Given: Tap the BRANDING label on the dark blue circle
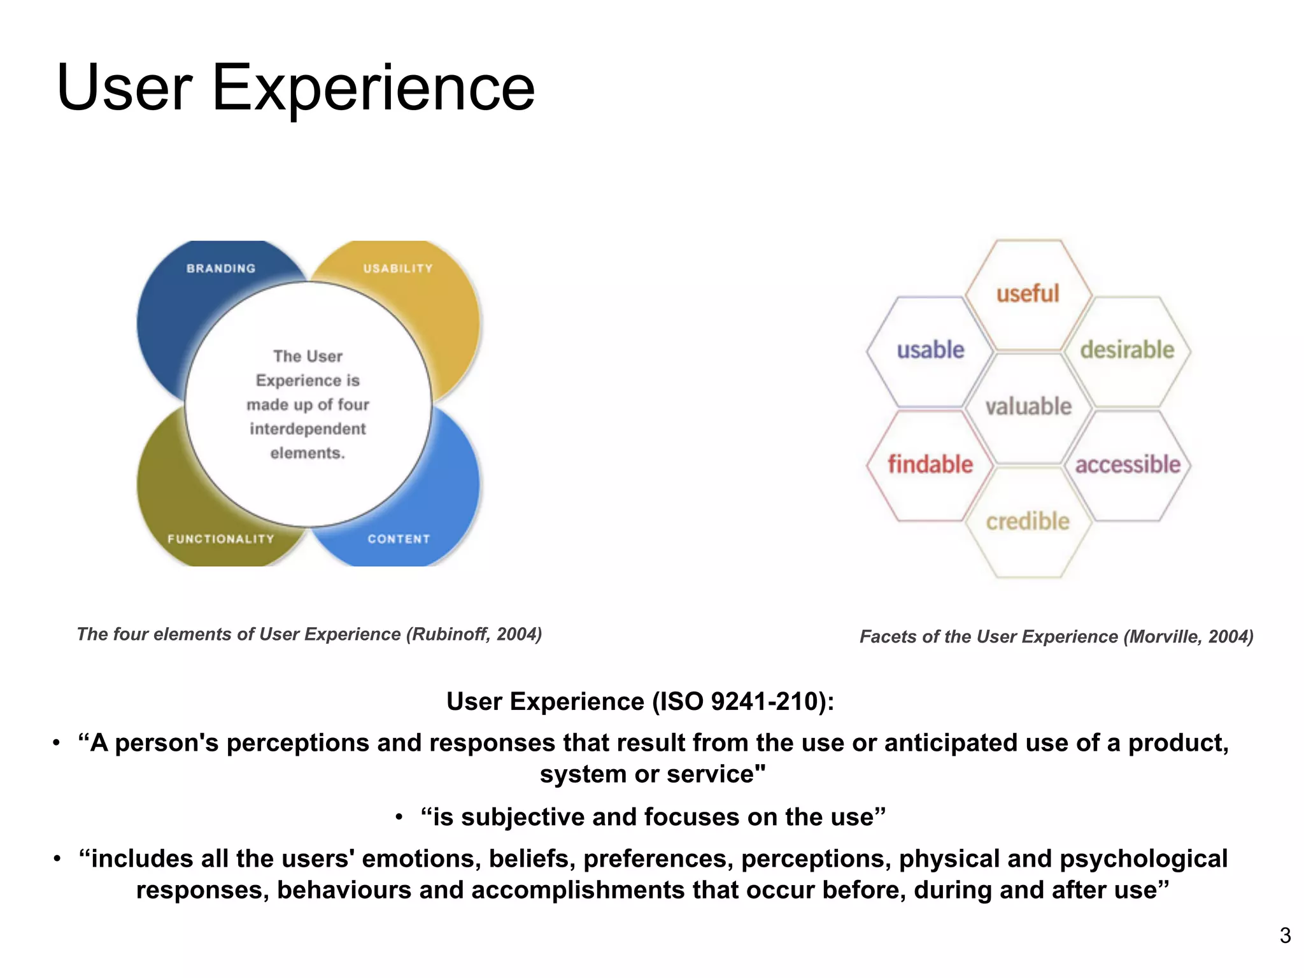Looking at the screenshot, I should (x=221, y=269).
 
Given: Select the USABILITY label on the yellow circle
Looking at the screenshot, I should (x=398, y=269).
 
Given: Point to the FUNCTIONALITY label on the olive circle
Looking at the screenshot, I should (x=221, y=539).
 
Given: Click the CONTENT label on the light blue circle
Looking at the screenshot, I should (x=399, y=539).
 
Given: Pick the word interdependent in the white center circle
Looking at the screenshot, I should (x=308, y=429).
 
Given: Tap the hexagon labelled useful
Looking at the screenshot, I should (x=1028, y=294).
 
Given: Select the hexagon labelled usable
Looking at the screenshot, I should (x=930, y=350).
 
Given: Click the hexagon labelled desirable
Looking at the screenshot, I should (x=1127, y=350).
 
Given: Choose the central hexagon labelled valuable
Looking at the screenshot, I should (x=1028, y=406).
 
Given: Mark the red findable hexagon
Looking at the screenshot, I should (x=930, y=465).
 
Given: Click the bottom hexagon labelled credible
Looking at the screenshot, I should (x=1028, y=521).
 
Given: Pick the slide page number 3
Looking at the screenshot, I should (x=1285, y=935).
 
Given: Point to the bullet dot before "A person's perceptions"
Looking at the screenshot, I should (x=57, y=743).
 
